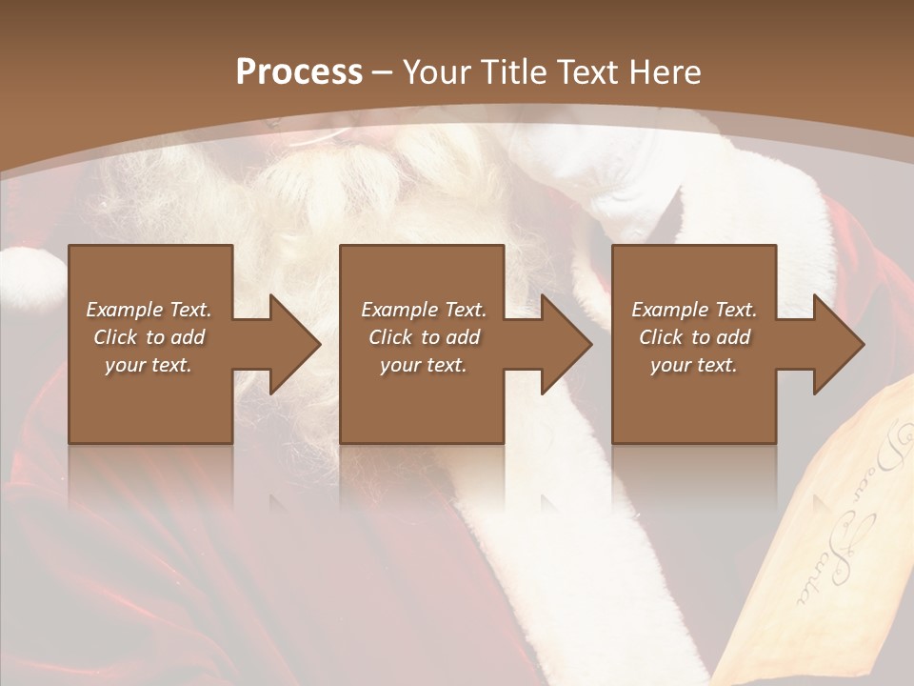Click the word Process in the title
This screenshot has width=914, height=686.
click(299, 72)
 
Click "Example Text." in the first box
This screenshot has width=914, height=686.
click(149, 310)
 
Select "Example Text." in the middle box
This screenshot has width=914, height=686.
click(424, 310)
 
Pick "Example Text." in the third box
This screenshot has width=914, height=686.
click(694, 310)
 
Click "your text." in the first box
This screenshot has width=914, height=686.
click(149, 365)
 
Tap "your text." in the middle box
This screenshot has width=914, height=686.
click(424, 365)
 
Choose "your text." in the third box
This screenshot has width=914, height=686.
click(694, 365)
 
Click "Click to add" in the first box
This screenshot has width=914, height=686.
click(149, 337)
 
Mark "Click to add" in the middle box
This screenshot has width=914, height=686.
click(424, 337)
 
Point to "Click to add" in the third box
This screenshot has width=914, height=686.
click(694, 337)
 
